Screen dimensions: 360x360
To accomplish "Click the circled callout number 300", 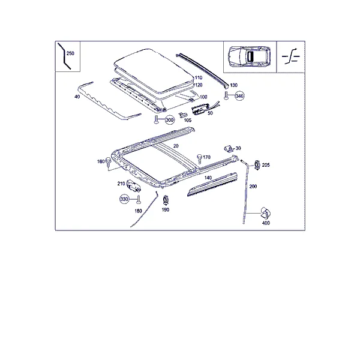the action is [x=170, y=120].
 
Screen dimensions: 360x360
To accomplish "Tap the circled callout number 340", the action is [x=239, y=96].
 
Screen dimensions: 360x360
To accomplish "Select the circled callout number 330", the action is [x=124, y=199].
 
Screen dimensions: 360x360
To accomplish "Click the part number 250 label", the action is [x=70, y=53].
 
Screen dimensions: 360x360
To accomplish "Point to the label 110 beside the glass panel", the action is [x=199, y=77].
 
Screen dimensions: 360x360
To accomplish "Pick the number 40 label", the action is [x=77, y=97].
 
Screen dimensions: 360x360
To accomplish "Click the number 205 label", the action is [x=266, y=165].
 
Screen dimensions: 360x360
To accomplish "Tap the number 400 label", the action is [x=266, y=223].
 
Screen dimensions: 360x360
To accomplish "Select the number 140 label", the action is [x=208, y=178].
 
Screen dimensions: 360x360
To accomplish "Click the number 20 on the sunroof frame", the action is [x=176, y=146].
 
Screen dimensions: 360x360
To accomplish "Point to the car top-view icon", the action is [x=249, y=57].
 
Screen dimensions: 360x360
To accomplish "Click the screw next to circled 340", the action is [x=226, y=95].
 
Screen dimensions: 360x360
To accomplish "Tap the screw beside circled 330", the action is [x=139, y=200].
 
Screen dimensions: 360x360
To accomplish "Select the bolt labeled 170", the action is [x=200, y=159].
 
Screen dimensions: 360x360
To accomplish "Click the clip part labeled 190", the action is [x=166, y=200].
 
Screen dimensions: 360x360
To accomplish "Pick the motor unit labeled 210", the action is [x=133, y=186].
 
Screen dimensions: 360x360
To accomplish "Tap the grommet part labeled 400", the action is [x=265, y=213].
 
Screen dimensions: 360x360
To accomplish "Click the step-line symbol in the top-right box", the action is [x=291, y=56].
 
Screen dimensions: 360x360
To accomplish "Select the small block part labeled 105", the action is [x=183, y=115].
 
